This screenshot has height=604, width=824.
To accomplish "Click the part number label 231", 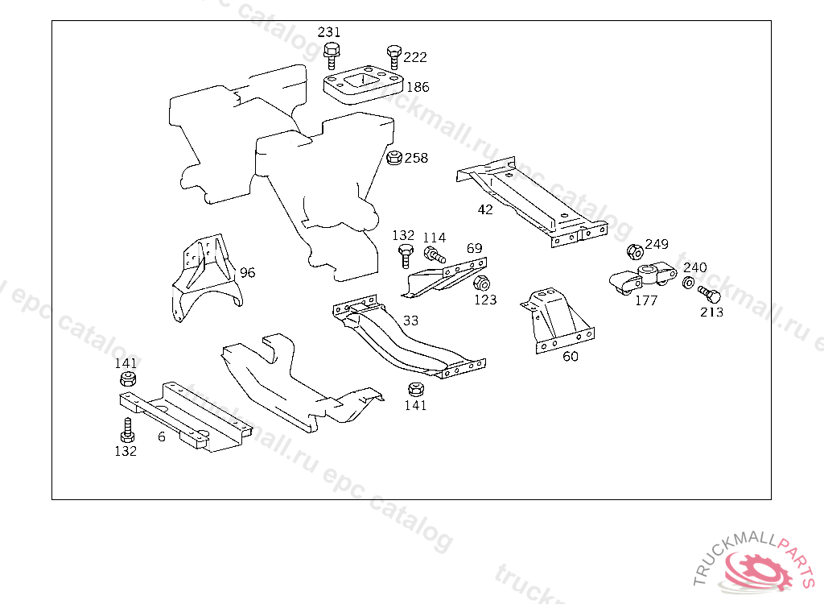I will tap(329, 32).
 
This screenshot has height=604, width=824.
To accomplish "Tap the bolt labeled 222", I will tap(393, 56).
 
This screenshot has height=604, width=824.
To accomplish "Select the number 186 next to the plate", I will tap(418, 87).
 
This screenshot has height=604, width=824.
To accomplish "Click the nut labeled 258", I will tap(394, 158).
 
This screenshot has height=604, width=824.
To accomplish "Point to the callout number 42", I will tap(485, 209).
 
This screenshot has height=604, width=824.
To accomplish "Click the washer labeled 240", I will tap(689, 283).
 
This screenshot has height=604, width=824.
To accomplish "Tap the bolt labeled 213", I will tap(707, 294).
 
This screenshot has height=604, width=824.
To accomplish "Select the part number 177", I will tap(646, 300).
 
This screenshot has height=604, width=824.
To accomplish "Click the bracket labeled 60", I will tap(555, 322).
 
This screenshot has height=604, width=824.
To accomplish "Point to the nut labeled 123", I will tap(482, 283).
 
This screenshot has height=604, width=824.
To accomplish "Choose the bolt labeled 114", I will tap(434, 255).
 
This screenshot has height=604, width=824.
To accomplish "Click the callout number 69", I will tap(475, 248).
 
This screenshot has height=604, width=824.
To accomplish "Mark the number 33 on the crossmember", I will tap(410, 321).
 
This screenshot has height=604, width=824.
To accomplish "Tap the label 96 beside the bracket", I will tap(247, 272).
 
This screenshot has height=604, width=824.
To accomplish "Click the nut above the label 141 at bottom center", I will tap(415, 389).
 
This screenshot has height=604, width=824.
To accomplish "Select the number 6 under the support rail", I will tap(162, 436).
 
